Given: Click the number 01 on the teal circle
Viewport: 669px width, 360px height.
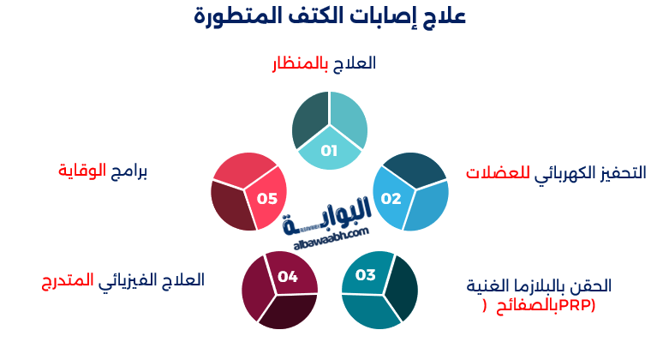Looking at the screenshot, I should point(329,150).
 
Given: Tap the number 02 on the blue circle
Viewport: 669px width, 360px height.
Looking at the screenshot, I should point(391,199).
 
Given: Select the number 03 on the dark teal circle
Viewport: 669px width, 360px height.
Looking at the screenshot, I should point(366,275).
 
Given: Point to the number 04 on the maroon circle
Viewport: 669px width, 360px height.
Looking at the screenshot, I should point(288,276).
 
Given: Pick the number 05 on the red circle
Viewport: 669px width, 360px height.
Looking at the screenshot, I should point(267,199).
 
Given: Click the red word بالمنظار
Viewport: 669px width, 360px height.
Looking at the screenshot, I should point(304,63).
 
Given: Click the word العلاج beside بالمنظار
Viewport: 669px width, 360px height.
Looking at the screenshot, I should point(355,63).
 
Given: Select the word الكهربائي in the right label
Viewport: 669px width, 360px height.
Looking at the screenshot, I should point(565,172).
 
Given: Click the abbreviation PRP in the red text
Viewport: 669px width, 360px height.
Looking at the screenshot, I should point(576,305).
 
